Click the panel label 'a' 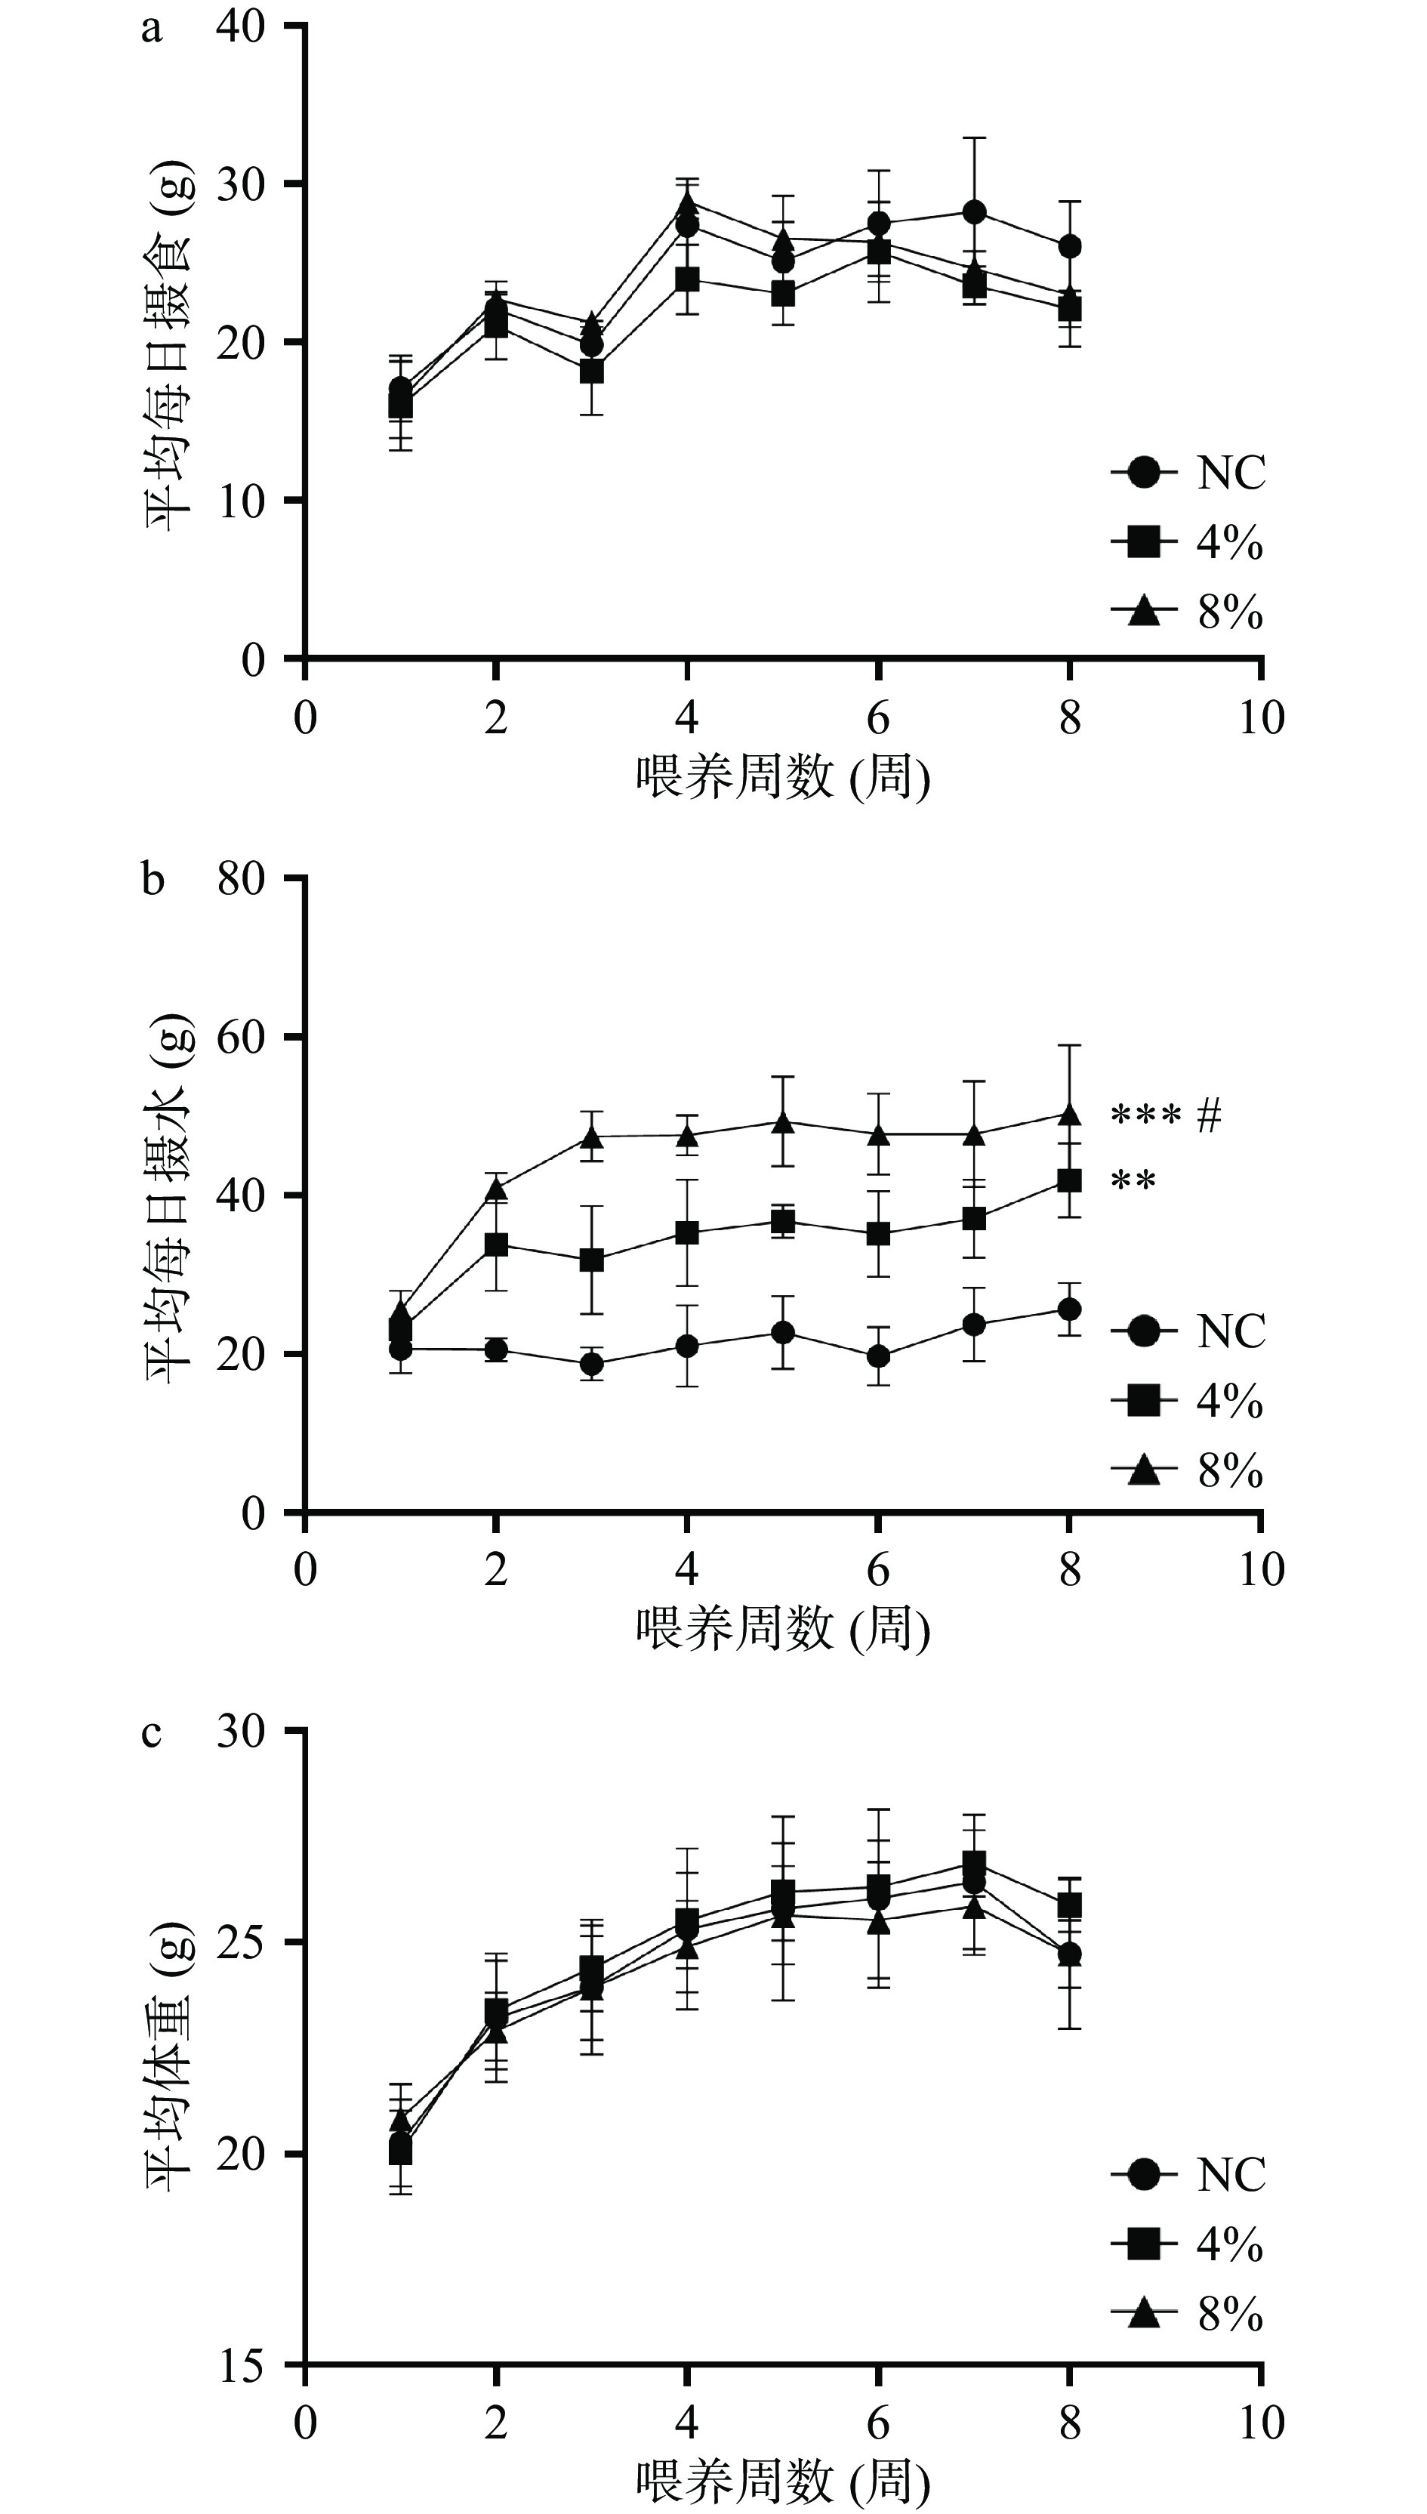(x=151, y=29)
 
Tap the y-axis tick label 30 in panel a (x=241, y=184)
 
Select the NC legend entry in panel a (x=1188, y=473)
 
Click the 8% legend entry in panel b (x=1188, y=1470)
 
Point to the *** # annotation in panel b (x=1167, y=1115)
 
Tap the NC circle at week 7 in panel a (x=974, y=211)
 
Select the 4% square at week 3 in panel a (x=591, y=372)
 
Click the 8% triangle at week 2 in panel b (x=496, y=1189)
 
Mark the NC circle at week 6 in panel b (x=878, y=1356)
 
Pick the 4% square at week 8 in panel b (x=1069, y=1180)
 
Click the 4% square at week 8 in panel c (x=1069, y=1905)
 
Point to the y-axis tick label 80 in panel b (x=241, y=879)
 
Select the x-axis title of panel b (x=782, y=1629)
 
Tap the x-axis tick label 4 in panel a (x=687, y=718)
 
